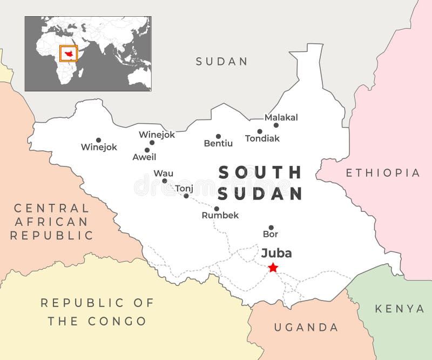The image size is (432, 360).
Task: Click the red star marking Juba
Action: coord(273,268)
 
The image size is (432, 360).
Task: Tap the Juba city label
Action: coord(276,253)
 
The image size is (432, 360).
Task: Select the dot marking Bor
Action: coord(271,228)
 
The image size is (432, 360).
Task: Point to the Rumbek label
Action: coord(220,215)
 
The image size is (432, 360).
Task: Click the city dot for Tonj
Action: coord(186,196)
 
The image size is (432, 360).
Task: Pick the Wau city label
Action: coord(164,173)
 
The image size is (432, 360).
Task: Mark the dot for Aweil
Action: coord(147,150)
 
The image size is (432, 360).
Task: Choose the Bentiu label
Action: coord(218,143)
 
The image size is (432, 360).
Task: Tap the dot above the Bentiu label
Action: coord(218,136)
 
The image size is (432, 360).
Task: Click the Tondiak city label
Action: coord(262,138)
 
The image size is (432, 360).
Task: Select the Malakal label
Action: coord(281,117)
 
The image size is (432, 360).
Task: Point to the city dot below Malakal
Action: coord(276,125)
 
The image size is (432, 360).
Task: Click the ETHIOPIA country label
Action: coord(383,173)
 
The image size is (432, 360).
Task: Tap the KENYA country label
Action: coord(400,309)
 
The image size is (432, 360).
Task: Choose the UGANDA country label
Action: coord(306,327)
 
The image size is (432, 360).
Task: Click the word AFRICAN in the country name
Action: coord(51,222)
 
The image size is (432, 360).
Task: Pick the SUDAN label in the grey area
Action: coord(221,61)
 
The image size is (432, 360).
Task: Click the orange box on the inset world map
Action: coord(68,54)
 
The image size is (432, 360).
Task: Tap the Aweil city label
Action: coord(144,157)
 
